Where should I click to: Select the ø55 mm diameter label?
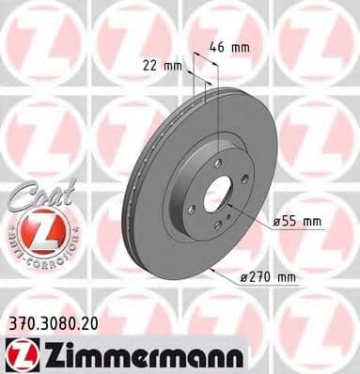click(x=297, y=222)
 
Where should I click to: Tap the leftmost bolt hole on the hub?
click(x=190, y=209)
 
